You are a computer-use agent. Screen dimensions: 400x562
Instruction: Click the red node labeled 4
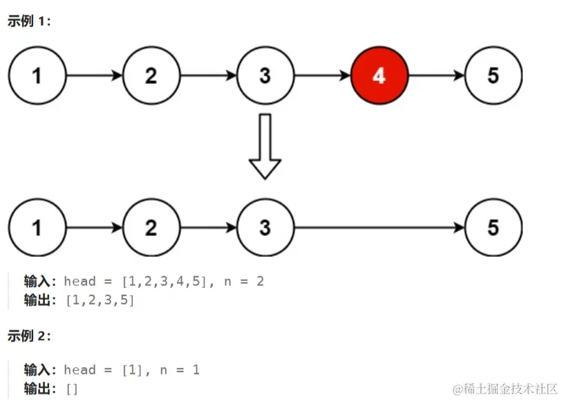pyautogui.click(x=379, y=75)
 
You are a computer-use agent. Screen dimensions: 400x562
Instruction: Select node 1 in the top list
pyautogui.click(x=37, y=75)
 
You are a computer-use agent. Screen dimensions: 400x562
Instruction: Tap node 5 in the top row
pyautogui.click(x=493, y=75)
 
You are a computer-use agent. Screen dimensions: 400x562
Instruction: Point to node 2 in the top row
pyautogui.click(x=151, y=75)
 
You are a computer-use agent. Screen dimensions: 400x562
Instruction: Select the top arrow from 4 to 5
pyautogui.click(x=436, y=75)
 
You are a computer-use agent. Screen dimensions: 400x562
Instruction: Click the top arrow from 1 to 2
pyautogui.click(x=94, y=75)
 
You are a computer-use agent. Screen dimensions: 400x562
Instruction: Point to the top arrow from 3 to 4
pyautogui.click(x=322, y=75)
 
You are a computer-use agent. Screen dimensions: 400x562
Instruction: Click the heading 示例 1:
pyautogui.click(x=29, y=21)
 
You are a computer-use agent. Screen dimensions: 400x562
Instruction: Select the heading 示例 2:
pyautogui.click(x=29, y=336)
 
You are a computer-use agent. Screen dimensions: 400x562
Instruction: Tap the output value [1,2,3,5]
pyautogui.click(x=100, y=300)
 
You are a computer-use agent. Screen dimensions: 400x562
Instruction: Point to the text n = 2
pyautogui.click(x=244, y=282)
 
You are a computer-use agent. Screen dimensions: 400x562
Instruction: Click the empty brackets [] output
pyautogui.click(x=72, y=389)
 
